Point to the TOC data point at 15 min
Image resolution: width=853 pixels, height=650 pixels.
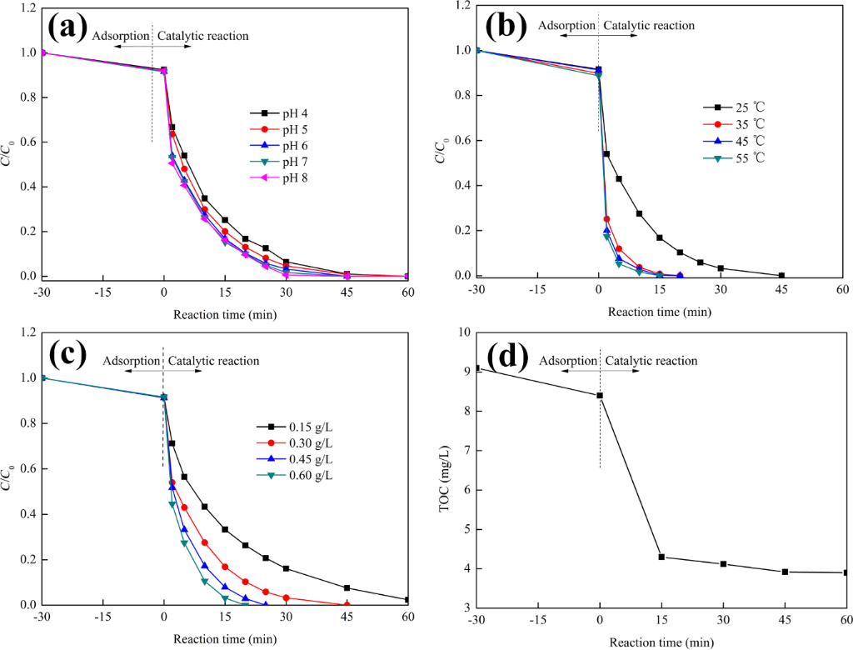(661, 557)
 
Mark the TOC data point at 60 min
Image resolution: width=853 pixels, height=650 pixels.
(846, 572)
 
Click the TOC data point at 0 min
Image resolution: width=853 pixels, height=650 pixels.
(600, 396)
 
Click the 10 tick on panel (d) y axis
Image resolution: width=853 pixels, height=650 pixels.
(463, 332)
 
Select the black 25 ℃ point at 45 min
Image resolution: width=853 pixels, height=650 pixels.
(781, 275)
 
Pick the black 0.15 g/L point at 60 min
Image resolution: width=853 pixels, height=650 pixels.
(407, 599)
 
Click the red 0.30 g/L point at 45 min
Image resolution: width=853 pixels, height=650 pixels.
(347, 605)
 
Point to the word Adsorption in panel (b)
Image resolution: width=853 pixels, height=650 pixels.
(566, 25)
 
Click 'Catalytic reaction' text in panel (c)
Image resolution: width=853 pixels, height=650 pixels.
(213, 361)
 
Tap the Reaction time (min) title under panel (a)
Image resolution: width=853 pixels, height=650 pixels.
(225, 315)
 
